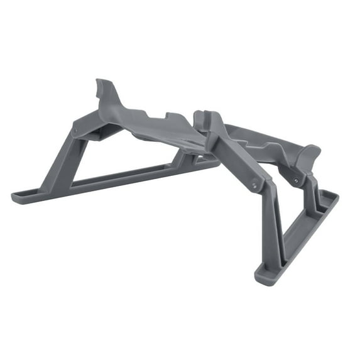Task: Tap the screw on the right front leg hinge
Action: coord(254,185)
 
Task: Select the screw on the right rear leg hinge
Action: coord(296,180)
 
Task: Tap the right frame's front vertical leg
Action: coord(277,232)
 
